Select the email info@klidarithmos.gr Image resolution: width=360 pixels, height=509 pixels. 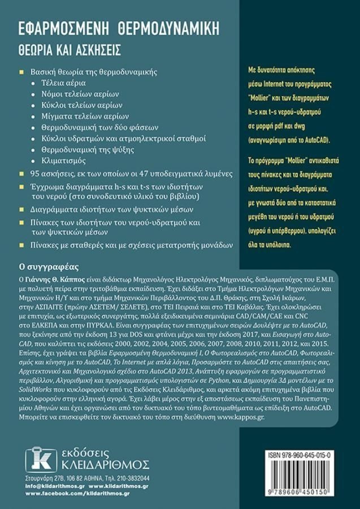point(54,486)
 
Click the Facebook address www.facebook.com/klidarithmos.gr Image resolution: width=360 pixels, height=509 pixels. point(78,494)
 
